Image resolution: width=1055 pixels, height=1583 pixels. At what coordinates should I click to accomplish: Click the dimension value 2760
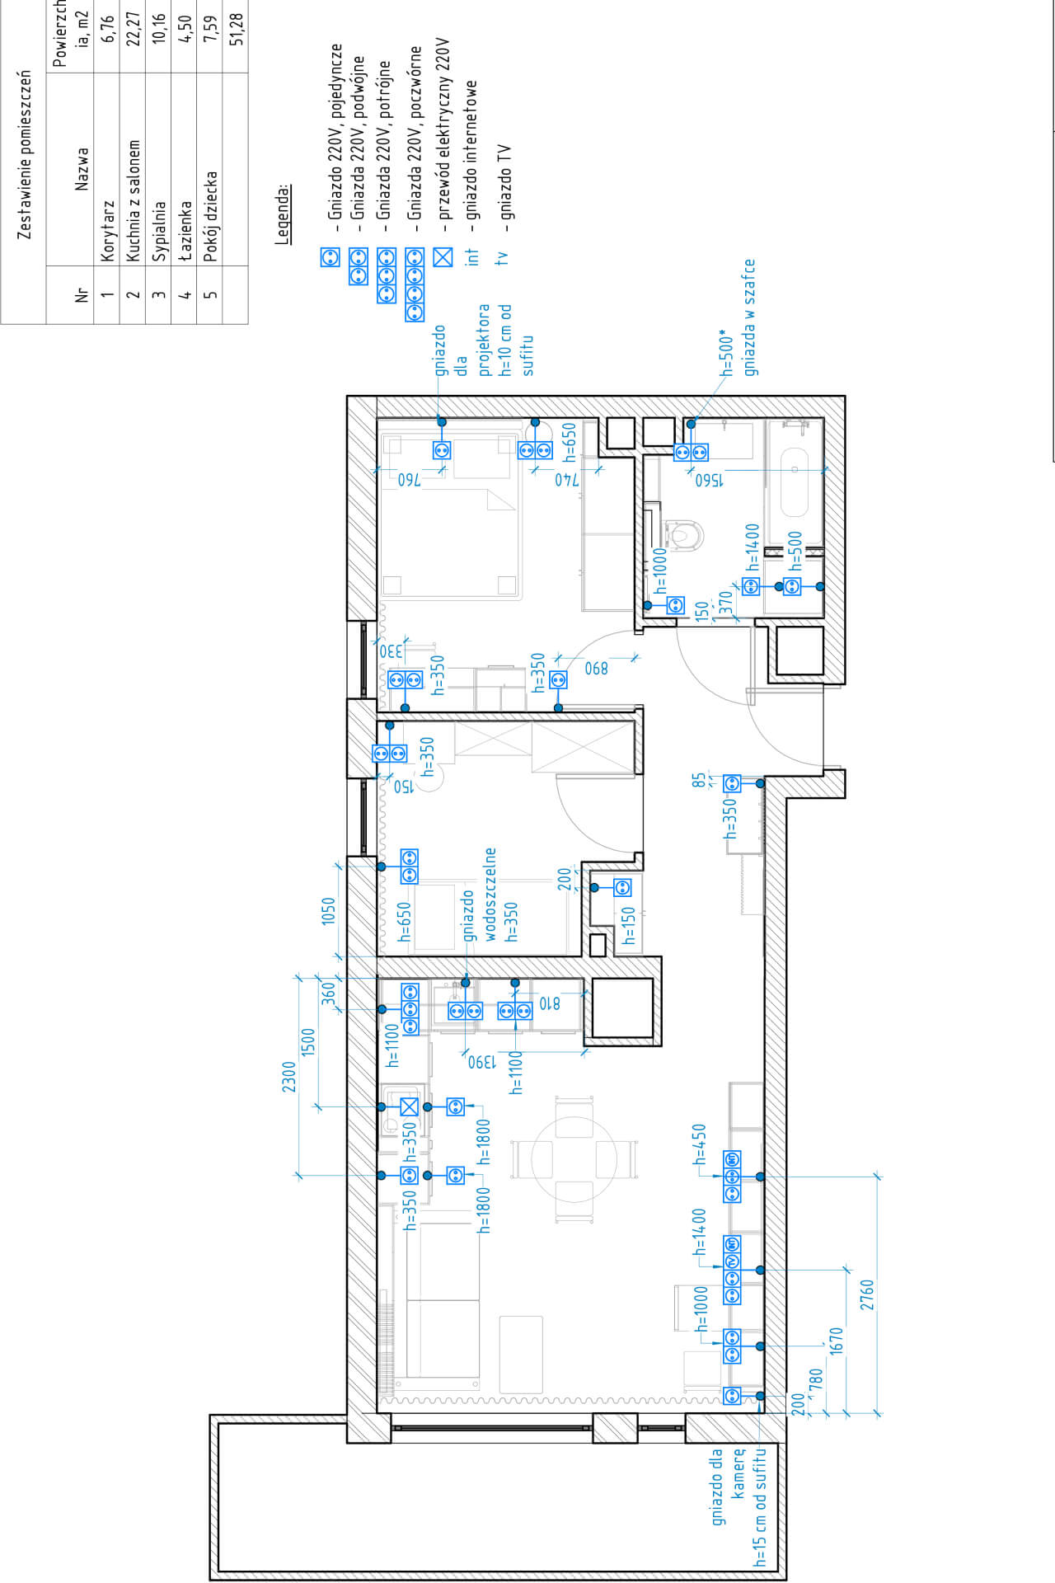click(866, 1295)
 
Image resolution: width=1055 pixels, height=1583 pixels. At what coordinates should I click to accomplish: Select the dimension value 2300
click(288, 1077)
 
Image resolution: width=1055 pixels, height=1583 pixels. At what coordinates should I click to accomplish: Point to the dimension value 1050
click(328, 911)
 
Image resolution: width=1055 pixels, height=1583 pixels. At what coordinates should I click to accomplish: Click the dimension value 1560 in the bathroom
click(709, 480)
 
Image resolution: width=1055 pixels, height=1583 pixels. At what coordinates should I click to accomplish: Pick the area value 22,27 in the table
click(134, 25)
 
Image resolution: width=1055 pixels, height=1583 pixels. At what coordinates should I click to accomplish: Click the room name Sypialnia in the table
click(159, 231)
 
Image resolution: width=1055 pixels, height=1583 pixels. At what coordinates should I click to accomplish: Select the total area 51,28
click(237, 25)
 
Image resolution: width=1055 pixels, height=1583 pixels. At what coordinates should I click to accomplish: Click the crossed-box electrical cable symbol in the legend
click(443, 257)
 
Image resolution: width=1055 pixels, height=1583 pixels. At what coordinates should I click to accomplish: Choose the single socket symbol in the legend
click(330, 257)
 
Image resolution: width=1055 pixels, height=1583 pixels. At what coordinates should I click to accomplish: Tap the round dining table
click(574, 1159)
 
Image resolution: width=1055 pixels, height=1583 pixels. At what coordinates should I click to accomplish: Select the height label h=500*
click(726, 355)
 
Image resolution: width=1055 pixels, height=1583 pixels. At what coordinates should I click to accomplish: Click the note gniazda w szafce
click(749, 317)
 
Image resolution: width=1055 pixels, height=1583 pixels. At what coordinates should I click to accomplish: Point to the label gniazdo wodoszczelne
click(479, 894)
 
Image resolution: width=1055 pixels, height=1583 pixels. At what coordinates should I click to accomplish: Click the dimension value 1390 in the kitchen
click(483, 1062)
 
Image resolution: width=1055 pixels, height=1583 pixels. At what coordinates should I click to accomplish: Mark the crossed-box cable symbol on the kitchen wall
click(409, 1106)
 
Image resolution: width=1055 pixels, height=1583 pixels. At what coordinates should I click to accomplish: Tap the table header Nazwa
click(82, 169)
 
